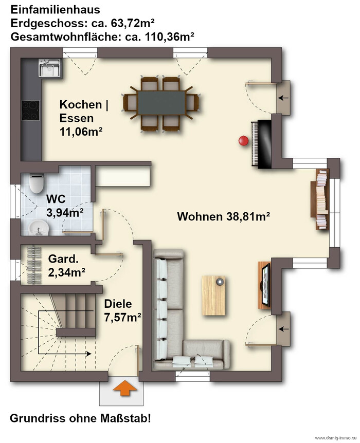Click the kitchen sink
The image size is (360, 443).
click(x=50, y=67)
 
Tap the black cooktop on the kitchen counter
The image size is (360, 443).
click(x=31, y=110)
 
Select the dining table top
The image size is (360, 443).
click(x=161, y=103)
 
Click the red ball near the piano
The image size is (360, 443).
click(x=243, y=140)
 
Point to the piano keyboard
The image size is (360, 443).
click(x=255, y=144)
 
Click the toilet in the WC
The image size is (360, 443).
click(x=37, y=183)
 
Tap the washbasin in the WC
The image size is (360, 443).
click(x=39, y=228)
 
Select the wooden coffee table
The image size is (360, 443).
click(x=213, y=295)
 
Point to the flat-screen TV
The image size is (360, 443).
click(x=266, y=285)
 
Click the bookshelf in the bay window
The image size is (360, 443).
click(x=321, y=199)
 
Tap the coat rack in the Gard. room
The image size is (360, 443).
click(x=34, y=265)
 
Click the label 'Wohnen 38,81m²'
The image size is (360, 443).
click(x=223, y=216)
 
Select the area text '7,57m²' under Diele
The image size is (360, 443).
click(x=123, y=318)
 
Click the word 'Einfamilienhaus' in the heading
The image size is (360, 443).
click(x=55, y=10)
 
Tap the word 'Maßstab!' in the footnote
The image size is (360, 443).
click(x=125, y=418)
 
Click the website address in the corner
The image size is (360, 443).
click(x=336, y=438)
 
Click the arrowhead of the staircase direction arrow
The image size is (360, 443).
click(x=89, y=354)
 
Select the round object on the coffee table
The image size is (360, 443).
click(x=220, y=282)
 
